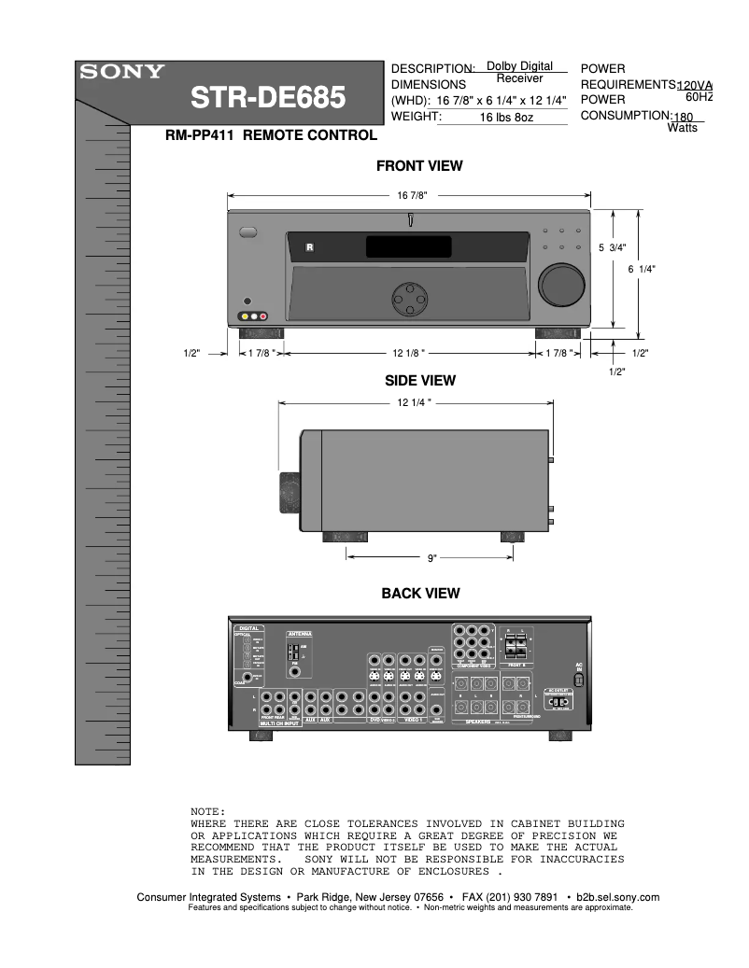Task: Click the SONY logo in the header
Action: pyautogui.click(x=121, y=72)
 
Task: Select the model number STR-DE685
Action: pyautogui.click(x=268, y=98)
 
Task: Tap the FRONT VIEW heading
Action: pyautogui.click(x=419, y=166)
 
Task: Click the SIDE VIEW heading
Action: pyautogui.click(x=420, y=380)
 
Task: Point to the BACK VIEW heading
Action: pyautogui.click(x=420, y=593)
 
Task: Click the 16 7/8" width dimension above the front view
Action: pyautogui.click(x=412, y=195)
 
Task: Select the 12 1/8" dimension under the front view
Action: pyautogui.click(x=409, y=353)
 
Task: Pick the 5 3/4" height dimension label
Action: pyautogui.click(x=612, y=247)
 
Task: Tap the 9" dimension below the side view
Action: pyautogui.click(x=432, y=558)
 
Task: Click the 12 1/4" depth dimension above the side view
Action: pyautogui.click(x=412, y=402)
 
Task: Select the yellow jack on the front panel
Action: pyautogui.click(x=244, y=316)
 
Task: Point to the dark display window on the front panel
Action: pyautogui.click(x=409, y=247)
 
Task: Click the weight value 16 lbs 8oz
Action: pyautogui.click(x=506, y=118)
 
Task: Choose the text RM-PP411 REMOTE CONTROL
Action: pyautogui.click(x=271, y=135)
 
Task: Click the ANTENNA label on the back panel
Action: pyautogui.click(x=300, y=633)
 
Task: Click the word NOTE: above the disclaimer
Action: pyautogui.click(x=208, y=812)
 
